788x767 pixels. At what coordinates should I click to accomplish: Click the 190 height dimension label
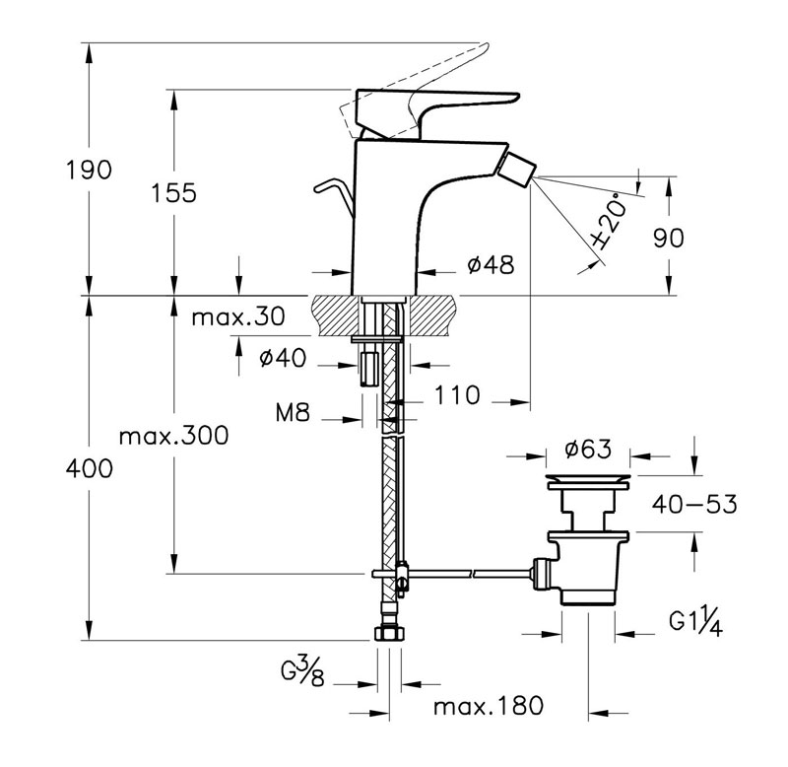click(89, 170)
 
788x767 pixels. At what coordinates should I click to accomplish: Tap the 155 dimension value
click(174, 192)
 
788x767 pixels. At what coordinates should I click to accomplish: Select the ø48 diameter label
click(491, 264)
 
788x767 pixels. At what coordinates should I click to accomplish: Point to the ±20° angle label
click(609, 221)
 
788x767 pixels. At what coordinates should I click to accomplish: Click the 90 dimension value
click(669, 238)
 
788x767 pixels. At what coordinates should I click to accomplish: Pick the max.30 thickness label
click(238, 316)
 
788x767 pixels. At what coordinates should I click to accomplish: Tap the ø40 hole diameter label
click(283, 358)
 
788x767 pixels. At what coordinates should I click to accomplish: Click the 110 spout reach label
click(457, 394)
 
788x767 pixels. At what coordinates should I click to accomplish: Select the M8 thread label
click(293, 413)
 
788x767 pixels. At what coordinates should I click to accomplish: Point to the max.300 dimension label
click(174, 436)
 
